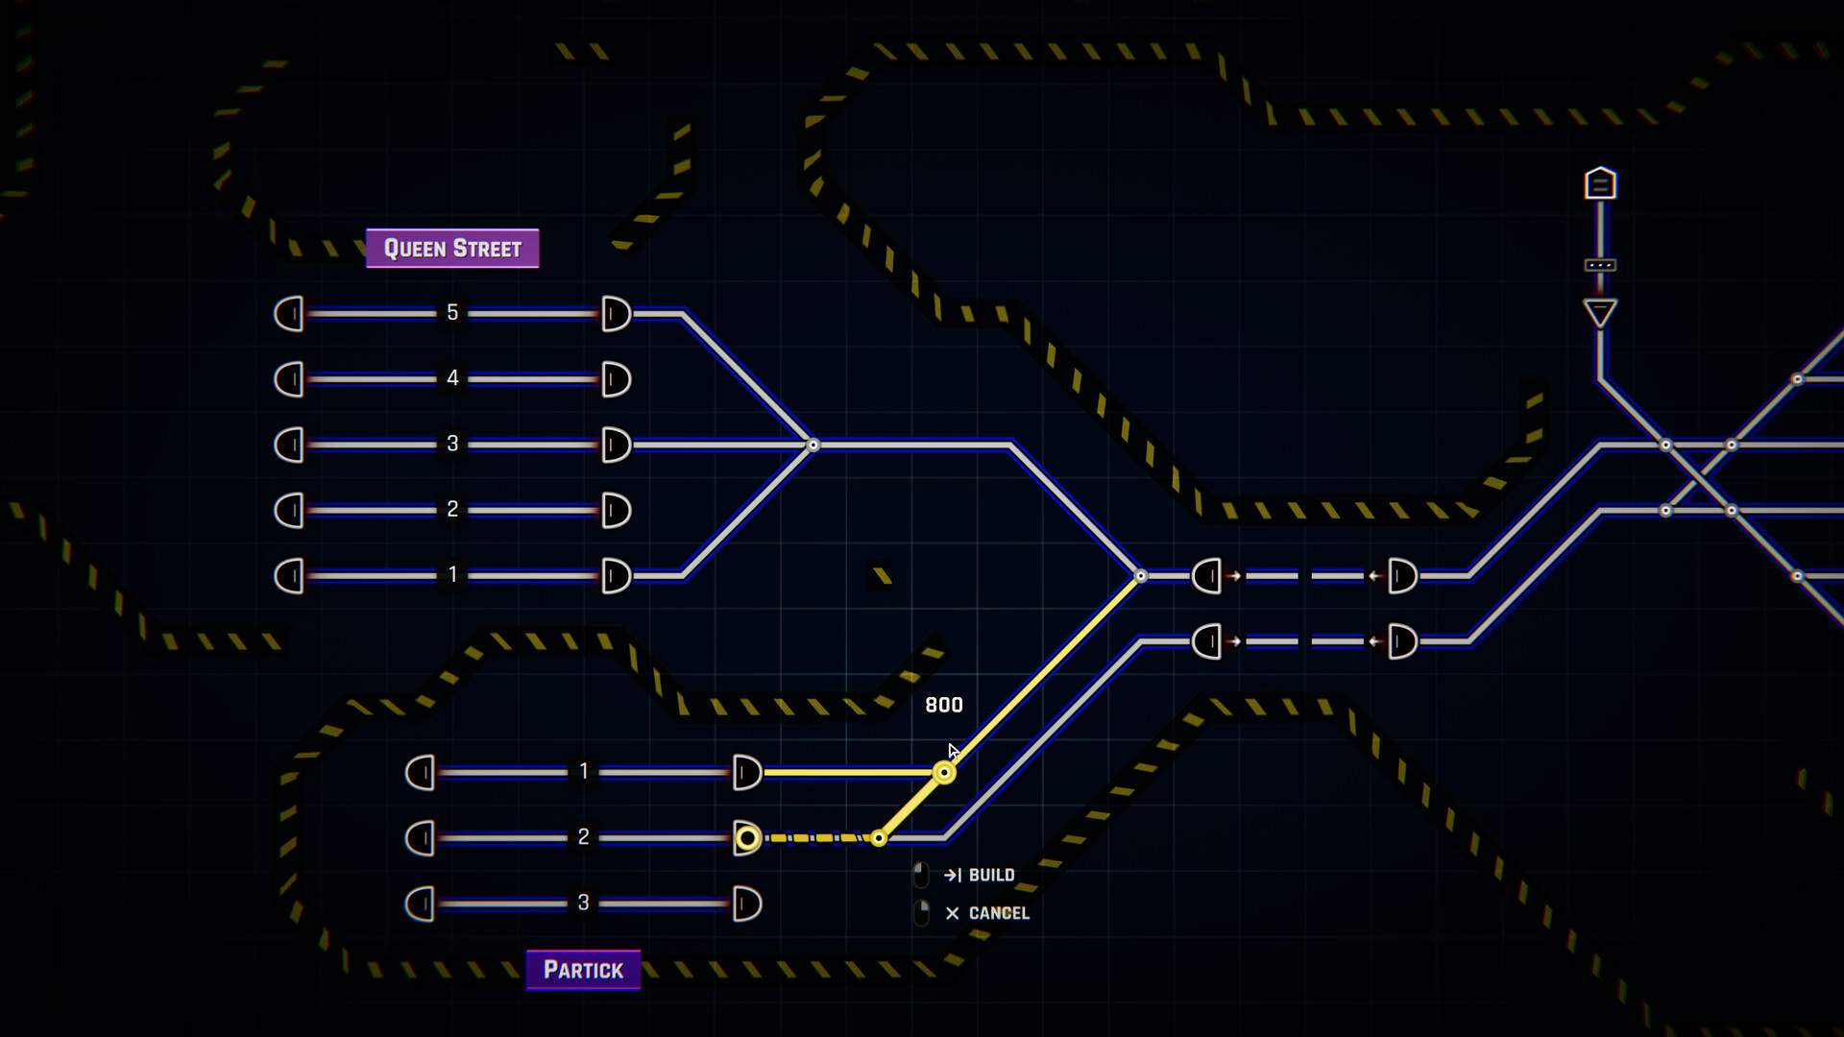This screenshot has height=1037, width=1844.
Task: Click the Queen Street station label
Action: pyautogui.click(x=452, y=249)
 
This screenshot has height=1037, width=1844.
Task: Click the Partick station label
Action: pyautogui.click(x=583, y=970)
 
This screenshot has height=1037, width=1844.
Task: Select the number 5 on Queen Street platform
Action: pyautogui.click(x=452, y=313)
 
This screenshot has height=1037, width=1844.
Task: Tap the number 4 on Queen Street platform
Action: pyautogui.click(x=452, y=378)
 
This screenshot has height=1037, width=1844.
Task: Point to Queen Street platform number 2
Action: pyautogui.click(x=452, y=509)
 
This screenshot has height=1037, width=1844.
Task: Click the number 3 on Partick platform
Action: pyautogui.click(x=583, y=903)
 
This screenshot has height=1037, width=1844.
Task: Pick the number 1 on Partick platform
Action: pyautogui.click(x=583, y=771)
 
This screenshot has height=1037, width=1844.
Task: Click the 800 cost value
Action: pyautogui.click(x=943, y=705)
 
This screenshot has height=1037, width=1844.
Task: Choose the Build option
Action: pyautogui.click(x=990, y=875)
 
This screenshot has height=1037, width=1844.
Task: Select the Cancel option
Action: pyautogui.click(x=998, y=913)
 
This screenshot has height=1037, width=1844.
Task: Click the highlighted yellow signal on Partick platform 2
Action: pyautogui.click(x=747, y=838)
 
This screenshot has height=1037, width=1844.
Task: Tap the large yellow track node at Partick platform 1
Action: pyautogui.click(x=944, y=773)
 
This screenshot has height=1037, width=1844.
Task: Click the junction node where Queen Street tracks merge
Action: pyautogui.click(x=813, y=445)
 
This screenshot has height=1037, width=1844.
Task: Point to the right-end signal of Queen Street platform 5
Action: pyautogui.click(x=616, y=314)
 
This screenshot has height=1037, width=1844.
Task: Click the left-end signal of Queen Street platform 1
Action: pyautogui.click(x=289, y=576)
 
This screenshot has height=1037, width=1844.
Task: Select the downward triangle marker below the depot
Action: pyautogui.click(x=1600, y=313)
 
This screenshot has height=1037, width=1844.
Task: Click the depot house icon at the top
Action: pyautogui.click(x=1600, y=182)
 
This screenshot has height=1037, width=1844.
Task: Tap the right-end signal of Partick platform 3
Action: pyautogui.click(x=747, y=904)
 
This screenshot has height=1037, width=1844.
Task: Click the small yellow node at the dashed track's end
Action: pyautogui.click(x=879, y=838)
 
